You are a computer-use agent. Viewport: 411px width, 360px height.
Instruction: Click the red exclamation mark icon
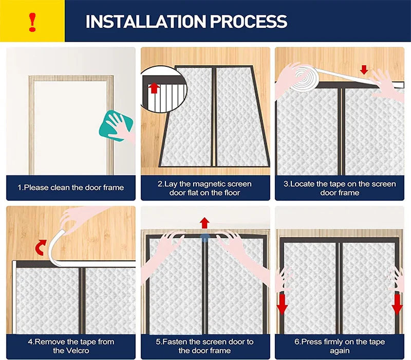[32, 22]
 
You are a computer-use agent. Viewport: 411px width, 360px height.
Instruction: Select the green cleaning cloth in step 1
[116, 125]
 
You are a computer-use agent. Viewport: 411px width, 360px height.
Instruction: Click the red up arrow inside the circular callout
[154, 88]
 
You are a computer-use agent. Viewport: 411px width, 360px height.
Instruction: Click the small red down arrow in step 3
[364, 69]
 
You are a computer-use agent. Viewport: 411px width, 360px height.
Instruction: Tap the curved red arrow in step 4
[41, 247]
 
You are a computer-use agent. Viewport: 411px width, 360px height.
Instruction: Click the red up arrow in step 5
[204, 223]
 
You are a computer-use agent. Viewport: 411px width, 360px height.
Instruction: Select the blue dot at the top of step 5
[204, 238]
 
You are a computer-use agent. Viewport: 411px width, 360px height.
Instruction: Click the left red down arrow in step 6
[282, 304]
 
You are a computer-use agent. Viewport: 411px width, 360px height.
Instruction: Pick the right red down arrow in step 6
[397, 304]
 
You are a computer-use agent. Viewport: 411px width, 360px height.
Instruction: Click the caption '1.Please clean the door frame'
[71, 188]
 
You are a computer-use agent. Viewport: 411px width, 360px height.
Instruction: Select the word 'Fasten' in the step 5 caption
[175, 341]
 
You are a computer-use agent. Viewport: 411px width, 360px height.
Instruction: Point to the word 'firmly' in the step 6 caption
[334, 341]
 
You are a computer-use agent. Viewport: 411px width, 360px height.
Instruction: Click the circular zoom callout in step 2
[163, 89]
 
